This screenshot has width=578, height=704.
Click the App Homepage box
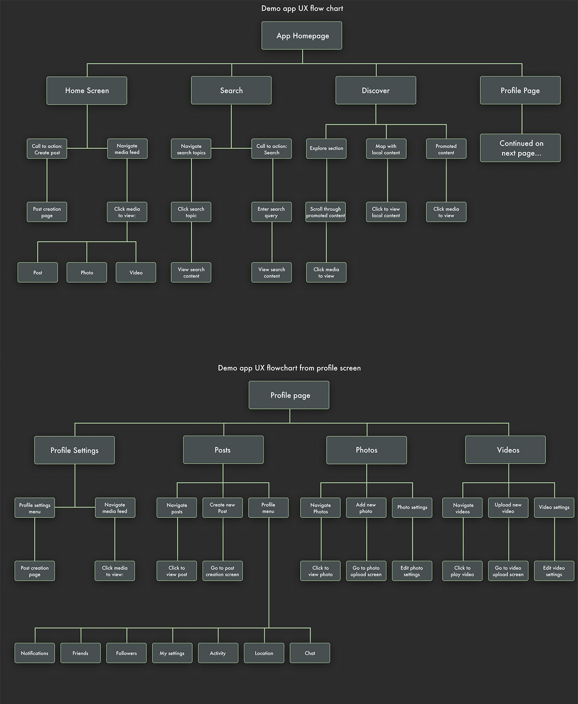pyautogui.click(x=302, y=36)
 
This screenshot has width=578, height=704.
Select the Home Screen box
pyautogui.click(x=87, y=91)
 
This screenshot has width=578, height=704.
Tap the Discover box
pyautogui.click(x=376, y=91)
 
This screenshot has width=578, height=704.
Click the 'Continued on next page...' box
pyautogui.click(x=520, y=148)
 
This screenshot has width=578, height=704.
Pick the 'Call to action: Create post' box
pyautogui.click(x=47, y=149)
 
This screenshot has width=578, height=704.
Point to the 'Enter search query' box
pyautogui.click(x=271, y=212)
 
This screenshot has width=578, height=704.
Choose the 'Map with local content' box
pyautogui.click(x=386, y=149)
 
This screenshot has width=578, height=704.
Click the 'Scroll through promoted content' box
pyautogui.click(x=326, y=212)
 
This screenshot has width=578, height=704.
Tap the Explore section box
pyautogui.click(x=326, y=149)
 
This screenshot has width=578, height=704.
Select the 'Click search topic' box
pyautogui.click(x=191, y=212)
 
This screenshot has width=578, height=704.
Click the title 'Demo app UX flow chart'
pyautogui.click(x=302, y=8)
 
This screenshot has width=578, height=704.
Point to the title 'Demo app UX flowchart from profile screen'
pyautogui.click(x=289, y=368)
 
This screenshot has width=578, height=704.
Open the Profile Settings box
pyautogui.click(x=74, y=450)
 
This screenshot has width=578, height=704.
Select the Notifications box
pyautogui.click(x=35, y=653)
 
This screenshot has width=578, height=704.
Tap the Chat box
pyautogui.click(x=310, y=653)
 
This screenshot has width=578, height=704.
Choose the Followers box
pyautogui.click(x=127, y=653)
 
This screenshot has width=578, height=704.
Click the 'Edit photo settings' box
pyautogui.click(x=412, y=571)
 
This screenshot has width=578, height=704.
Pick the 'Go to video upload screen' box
pyautogui.click(x=508, y=571)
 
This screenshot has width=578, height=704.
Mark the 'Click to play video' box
pyautogui.click(x=462, y=571)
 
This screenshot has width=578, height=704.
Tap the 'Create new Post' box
pyautogui.click(x=223, y=508)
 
